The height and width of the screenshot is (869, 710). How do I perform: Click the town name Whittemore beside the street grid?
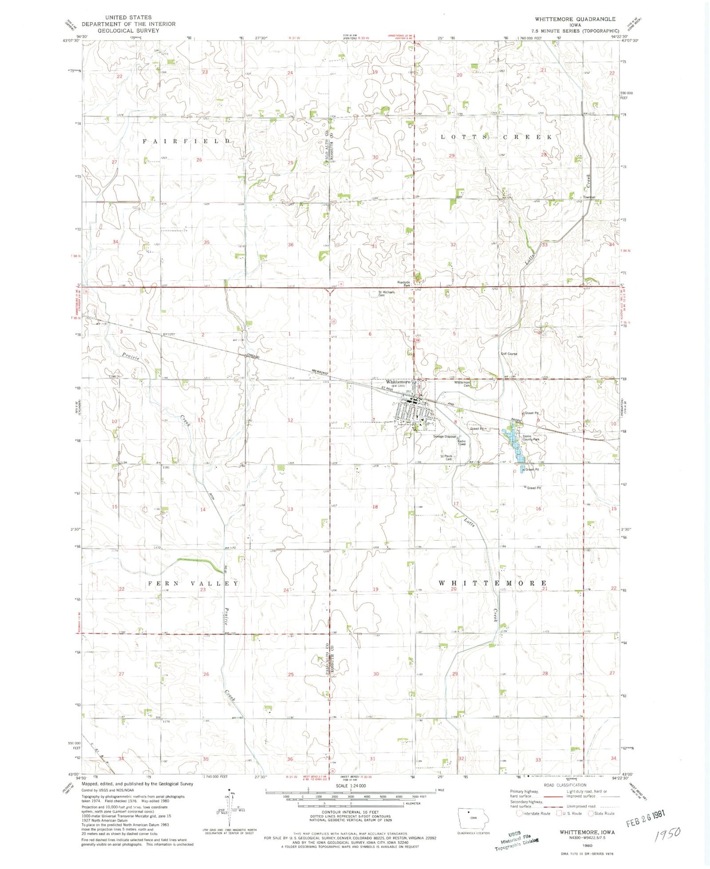coord(398,381)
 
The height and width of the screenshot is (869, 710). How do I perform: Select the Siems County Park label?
coord(530,438)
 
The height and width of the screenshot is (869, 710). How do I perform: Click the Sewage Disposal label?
coord(445,436)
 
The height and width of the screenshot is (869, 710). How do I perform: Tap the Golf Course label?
coord(509,353)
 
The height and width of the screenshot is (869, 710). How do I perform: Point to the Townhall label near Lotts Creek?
coord(589,197)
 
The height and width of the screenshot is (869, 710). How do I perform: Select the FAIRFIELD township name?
coord(186,141)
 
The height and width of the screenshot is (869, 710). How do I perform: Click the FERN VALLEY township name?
coord(193,583)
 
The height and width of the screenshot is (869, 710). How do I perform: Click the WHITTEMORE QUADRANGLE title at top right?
coord(574,19)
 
